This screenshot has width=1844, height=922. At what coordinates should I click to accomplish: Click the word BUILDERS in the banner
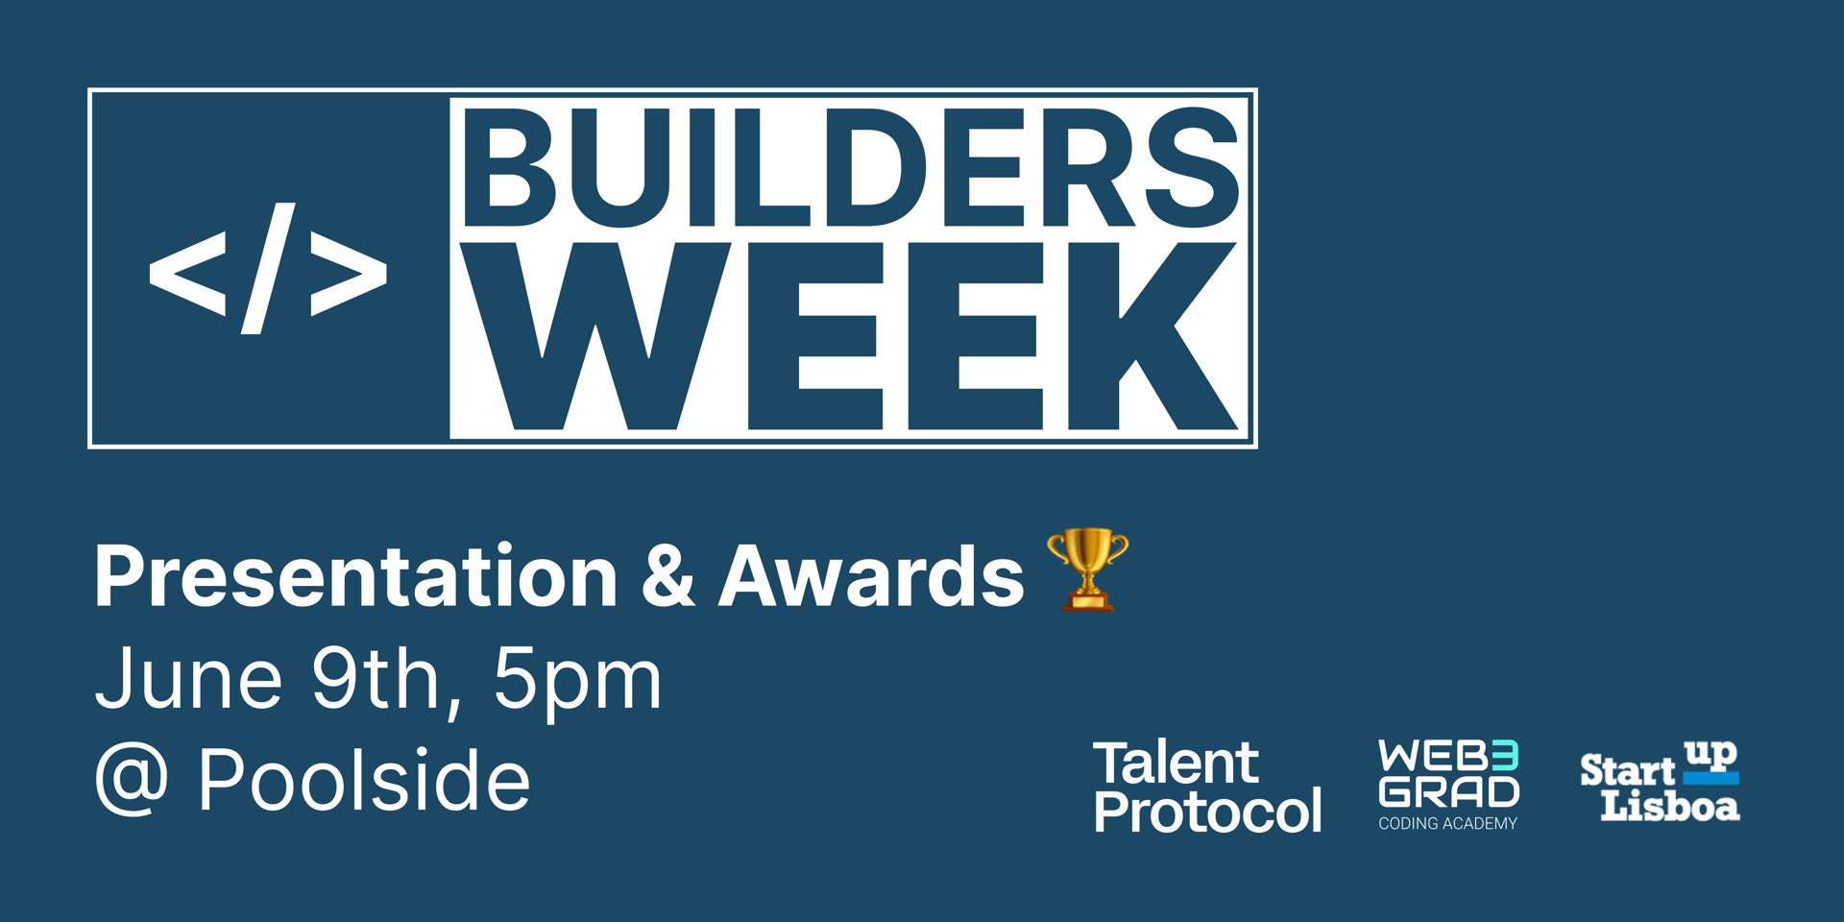pos(851,168)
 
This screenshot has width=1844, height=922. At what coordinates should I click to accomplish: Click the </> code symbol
pos(268,269)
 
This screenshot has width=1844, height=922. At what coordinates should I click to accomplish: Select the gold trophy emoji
pos(1087,570)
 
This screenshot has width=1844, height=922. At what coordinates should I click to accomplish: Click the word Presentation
pos(355,576)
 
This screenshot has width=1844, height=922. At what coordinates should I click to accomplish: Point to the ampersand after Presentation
pos(668,576)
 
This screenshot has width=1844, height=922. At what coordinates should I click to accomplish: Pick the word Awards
pos(872,576)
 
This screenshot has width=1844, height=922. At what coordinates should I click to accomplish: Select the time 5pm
pos(578,682)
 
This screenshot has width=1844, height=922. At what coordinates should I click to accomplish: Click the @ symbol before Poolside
pos(133,780)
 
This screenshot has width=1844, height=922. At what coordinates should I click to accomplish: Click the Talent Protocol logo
pos(1207,787)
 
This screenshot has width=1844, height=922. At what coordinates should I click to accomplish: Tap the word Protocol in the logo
pos(1207,812)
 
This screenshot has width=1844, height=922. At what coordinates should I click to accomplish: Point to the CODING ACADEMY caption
pos(1448,823)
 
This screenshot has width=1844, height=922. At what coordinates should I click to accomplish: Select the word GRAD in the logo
pos(1449,791)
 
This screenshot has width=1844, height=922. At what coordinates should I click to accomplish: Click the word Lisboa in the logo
pos(1670,805)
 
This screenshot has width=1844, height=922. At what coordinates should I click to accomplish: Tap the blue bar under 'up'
pos(1711,778)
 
